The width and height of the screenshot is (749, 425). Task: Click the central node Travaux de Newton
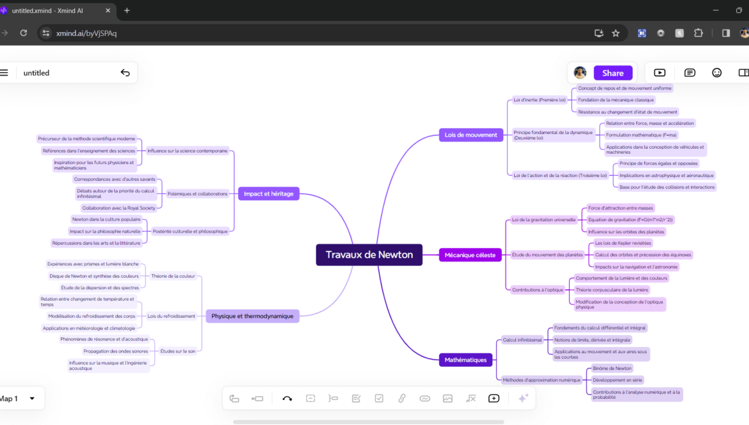point(369,254)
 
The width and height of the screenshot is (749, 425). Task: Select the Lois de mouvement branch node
point(471,135)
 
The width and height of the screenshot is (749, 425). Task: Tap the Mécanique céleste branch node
point(470,255)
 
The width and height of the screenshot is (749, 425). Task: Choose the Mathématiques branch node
point(465,360)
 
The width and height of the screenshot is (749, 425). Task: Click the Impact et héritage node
point(268,194)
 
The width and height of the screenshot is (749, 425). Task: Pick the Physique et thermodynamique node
point(252,316)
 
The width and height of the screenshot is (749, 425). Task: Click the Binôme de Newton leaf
point(612,369)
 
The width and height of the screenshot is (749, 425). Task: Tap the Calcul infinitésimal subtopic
point(522,340)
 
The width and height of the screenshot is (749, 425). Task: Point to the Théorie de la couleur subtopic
point(173,276)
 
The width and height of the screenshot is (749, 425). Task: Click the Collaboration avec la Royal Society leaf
point(118,208)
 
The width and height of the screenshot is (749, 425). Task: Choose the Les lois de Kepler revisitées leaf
point(623,243)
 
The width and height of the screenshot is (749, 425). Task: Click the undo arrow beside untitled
point(125,73)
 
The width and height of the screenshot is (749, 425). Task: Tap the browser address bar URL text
point(86,33)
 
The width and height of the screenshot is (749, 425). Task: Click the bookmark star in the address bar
point(616,33)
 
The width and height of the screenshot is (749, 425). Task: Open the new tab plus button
point(127,10)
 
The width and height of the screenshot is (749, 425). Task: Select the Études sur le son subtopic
point(178,351)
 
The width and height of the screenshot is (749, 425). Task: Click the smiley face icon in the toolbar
point(717,73)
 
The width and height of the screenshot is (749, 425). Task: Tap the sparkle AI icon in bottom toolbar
point(523,398)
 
